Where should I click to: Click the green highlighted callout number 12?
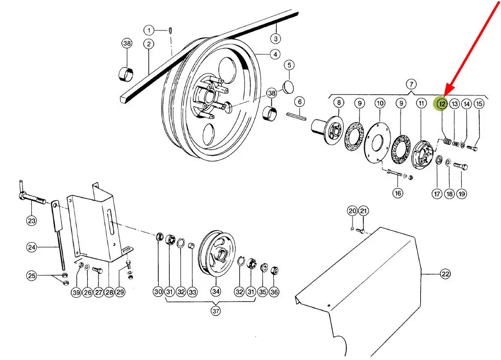pyautogui.click(x=442, y=104)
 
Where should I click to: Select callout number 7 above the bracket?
pyautogui.click(x=411, y=84)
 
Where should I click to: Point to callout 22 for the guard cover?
pyautogui.click(x=445, y=274)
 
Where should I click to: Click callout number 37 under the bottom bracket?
pyautogui.click(x=215, y=311)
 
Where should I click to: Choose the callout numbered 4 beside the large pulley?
pyautogui.click(x=275, y=54)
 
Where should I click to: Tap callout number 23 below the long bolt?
pyautogui.click(x=32, y=220)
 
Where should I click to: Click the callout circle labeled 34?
pyautogui.click(x=215, y=291)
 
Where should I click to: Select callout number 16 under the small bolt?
pyautogui.click(x=398, y=193)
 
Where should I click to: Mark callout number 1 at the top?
pyautogui.click(x=149, y=30)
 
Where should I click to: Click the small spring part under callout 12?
pyautogui.click(x=447, y=141)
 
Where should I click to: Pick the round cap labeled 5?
pyautogui.click(x=288, y=87)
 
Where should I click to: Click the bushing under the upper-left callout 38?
pyautogui.click(x=126, y=74)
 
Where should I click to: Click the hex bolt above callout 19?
pyautogui.click(x=460, y=166)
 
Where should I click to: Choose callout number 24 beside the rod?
pyautogui.click(x=32, y=247)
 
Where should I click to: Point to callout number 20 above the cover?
pyautogui.click(x=353, y=211)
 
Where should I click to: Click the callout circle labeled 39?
pyautogui.click(x=76, y=292)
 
